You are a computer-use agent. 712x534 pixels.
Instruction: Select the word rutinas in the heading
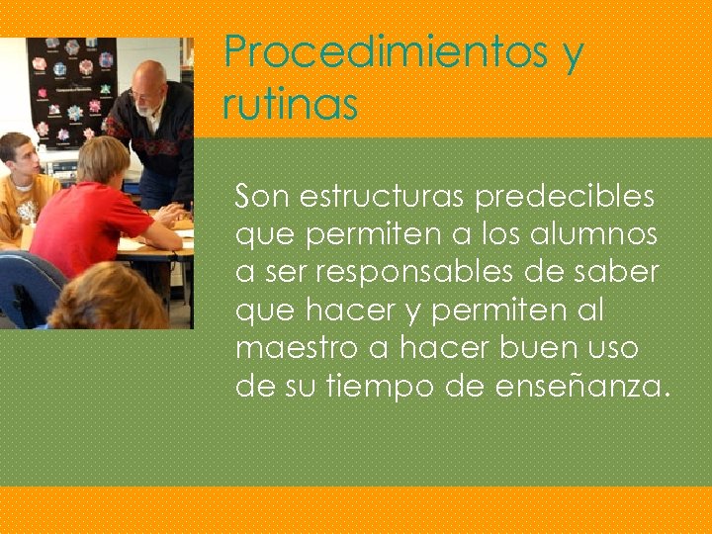pos(290,104)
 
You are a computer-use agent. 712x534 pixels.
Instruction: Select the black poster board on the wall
pos(69,89)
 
